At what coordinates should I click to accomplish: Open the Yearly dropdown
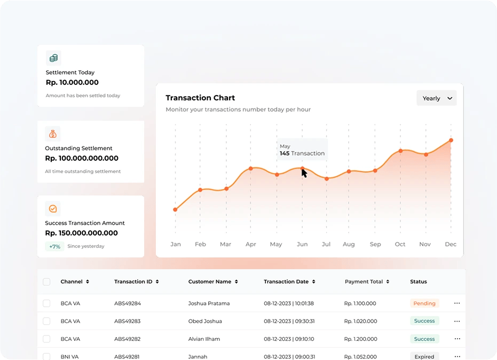tap(437, 98)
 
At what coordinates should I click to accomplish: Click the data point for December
tap(451, 140)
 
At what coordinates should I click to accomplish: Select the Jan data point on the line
tap(175, 209)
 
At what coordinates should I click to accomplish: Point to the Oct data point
tap(400, 151)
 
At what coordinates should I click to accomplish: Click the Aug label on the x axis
tap(349, 244)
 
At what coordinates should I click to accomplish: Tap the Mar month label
tap(225, 244)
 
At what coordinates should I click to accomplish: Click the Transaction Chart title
tap(200, 98)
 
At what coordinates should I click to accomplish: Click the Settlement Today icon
tap(53, 58)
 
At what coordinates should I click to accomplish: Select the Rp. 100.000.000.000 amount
tap(82, 158)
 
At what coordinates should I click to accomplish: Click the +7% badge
tap(54, 246)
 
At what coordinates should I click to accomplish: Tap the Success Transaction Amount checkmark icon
tap(53, 209)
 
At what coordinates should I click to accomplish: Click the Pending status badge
tap(424, 303)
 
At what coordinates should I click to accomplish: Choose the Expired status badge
tap(424, 356)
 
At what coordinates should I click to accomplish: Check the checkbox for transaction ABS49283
tap(46, 321)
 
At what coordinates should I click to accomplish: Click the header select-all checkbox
tap(46, 281)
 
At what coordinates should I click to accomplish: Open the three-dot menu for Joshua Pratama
tap(457, 303)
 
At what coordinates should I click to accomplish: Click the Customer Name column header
tap(213, 281)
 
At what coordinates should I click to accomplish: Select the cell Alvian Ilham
tap(204, 339)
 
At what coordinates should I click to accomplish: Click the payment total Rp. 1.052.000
tap(360, 356)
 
